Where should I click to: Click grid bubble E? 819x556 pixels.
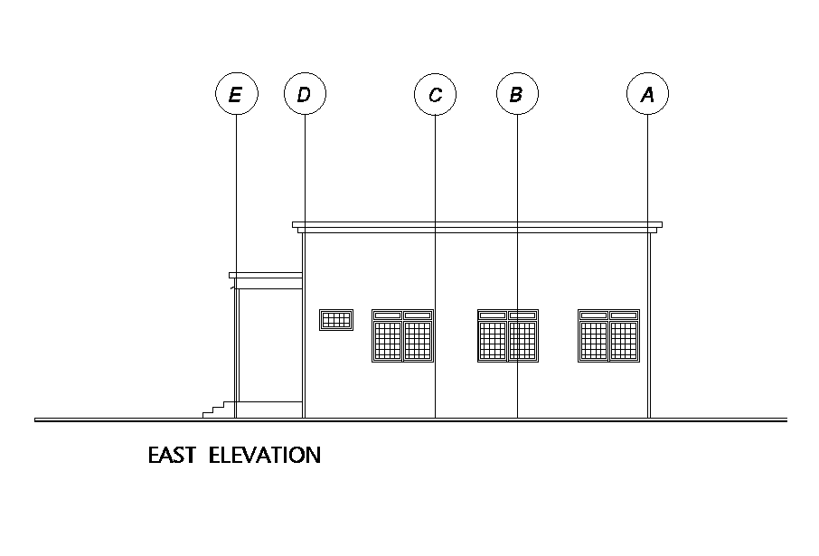coord(236,94)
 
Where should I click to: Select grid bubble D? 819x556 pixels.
coord(305,94)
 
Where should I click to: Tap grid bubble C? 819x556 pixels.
coord(435,94)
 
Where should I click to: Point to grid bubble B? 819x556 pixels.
coord(516,94)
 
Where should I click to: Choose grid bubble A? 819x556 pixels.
coord(647,94)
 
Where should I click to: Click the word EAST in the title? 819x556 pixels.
coord(172,455)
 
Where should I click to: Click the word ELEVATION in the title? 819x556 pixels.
coord(264,455)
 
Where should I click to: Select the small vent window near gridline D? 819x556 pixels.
coord(336,319)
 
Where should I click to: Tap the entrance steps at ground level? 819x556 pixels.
coord(216,410)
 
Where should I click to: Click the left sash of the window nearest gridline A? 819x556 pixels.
coord(594,339)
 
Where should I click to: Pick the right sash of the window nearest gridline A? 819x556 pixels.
coord(624,339)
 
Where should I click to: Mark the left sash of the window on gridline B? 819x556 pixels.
coord(493,339)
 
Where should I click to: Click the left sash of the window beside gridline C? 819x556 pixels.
coord(387,339)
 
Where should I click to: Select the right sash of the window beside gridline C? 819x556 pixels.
coord(418,339)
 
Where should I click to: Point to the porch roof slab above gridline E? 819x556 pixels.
coord(264,275)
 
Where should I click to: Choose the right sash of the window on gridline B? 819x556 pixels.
coord(523,339)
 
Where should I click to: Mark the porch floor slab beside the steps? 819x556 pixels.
coord(268,403)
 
